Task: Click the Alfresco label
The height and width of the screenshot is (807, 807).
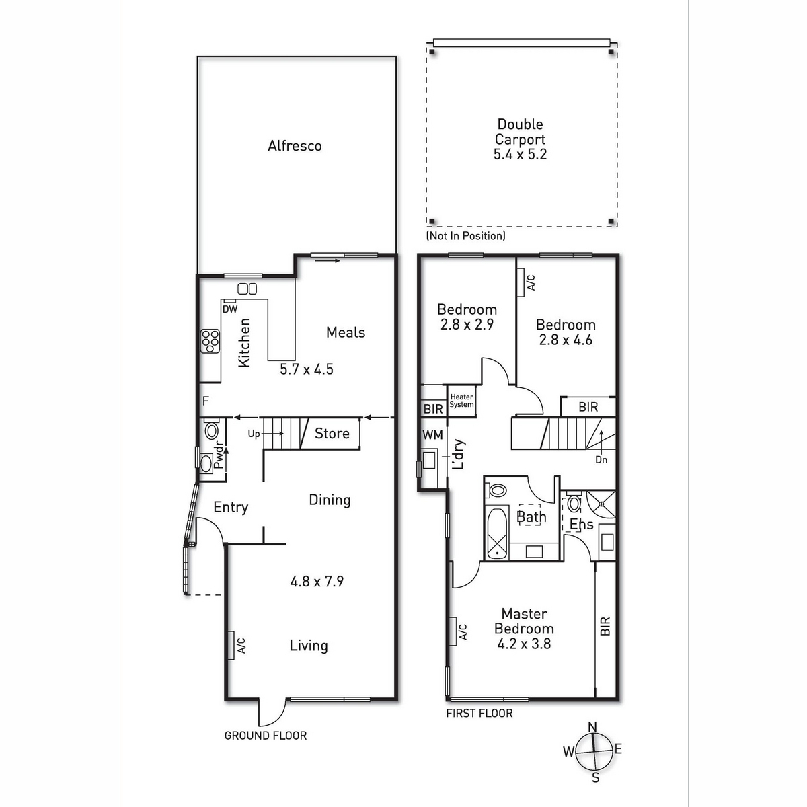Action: coord(295,146)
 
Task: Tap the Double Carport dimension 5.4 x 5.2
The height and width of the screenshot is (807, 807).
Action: coord(520,154)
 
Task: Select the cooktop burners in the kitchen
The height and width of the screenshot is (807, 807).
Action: coord(210,342)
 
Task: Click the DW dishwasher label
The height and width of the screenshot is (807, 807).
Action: coord(230,309)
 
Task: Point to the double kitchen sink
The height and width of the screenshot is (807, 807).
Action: coord(247,289)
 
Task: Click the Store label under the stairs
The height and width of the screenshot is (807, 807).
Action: coord(332,434)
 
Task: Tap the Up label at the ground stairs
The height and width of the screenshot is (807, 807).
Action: coord(254,434)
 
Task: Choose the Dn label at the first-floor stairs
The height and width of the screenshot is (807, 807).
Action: coord(601,460)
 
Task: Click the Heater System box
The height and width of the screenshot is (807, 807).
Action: coord(461,401)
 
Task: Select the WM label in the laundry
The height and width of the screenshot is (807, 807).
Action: coord(432,435)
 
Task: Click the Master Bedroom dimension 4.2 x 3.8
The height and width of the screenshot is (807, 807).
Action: coord(524,644)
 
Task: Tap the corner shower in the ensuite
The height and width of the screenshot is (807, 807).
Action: coord(601,504)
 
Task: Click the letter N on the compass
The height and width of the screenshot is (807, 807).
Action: coord(592,726)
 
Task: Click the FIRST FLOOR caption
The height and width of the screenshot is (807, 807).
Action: coord(479,714)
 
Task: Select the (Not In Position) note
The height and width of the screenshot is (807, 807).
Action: coord(465,236)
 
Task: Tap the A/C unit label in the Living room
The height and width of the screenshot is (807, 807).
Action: coord(241,646)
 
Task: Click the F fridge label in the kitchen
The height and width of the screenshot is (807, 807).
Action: coord(205,401)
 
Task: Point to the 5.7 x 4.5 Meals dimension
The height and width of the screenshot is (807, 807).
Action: coord(307,369)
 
